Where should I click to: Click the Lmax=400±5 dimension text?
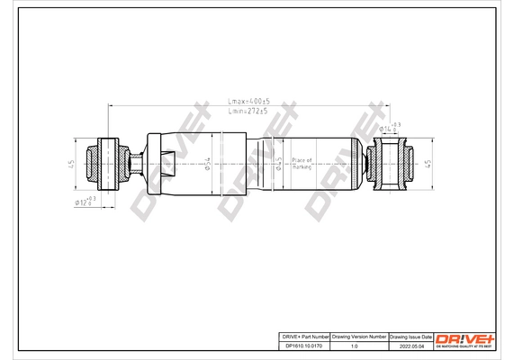coord(247,103)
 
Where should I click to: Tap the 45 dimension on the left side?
coord(70,164)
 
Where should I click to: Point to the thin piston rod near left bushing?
coord(134,164)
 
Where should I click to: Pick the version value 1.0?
coord(360,344)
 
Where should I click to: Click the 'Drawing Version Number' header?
coord(360,334)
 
